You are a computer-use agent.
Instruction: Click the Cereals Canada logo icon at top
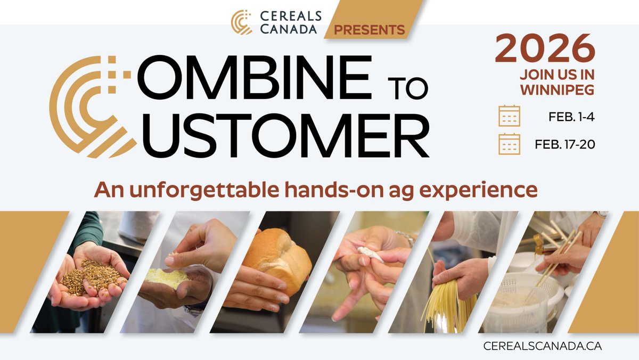coord(241,22)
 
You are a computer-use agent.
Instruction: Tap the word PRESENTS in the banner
coord(369,29)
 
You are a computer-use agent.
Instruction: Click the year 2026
coord(545,49)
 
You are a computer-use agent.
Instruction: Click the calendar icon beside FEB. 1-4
coord(509,116)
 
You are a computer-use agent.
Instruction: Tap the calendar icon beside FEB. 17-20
coord(509,144)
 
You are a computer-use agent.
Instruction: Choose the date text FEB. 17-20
coord(565,144)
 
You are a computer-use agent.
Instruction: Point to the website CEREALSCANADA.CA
coord(542,346)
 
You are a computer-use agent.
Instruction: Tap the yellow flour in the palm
coord(168,277)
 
